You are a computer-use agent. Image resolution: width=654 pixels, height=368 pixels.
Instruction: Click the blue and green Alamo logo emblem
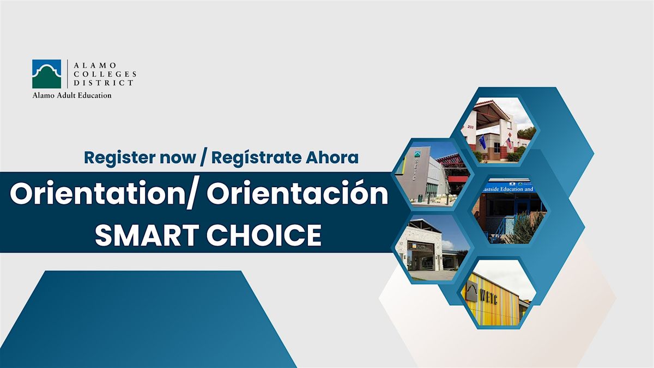(46, 74)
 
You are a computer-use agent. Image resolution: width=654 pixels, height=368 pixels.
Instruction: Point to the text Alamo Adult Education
(71, 95)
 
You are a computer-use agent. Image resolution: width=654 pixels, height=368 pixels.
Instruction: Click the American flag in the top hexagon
(508, 143)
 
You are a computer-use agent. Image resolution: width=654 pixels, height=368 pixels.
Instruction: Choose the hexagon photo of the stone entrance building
(431, 248)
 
